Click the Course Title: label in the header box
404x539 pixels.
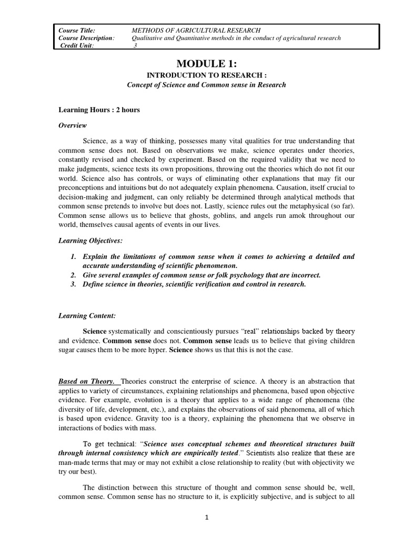77,31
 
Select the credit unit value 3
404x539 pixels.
135,45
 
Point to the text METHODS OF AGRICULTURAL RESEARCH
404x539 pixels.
196,31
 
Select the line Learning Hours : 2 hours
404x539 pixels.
99,110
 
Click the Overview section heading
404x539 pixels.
73,125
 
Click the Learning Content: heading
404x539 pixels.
86,315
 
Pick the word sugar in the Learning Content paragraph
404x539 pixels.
67,350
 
